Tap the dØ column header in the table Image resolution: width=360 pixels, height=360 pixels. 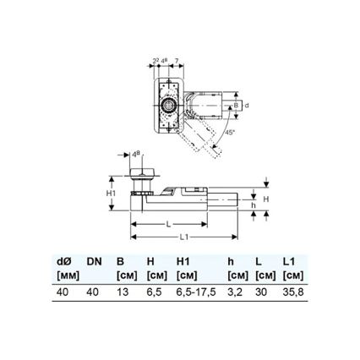pos(64,261)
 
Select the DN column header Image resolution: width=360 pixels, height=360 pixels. pos(93,261)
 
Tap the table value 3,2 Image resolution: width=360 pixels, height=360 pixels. pos(237,292)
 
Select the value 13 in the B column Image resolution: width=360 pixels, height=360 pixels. pos(123,292)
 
